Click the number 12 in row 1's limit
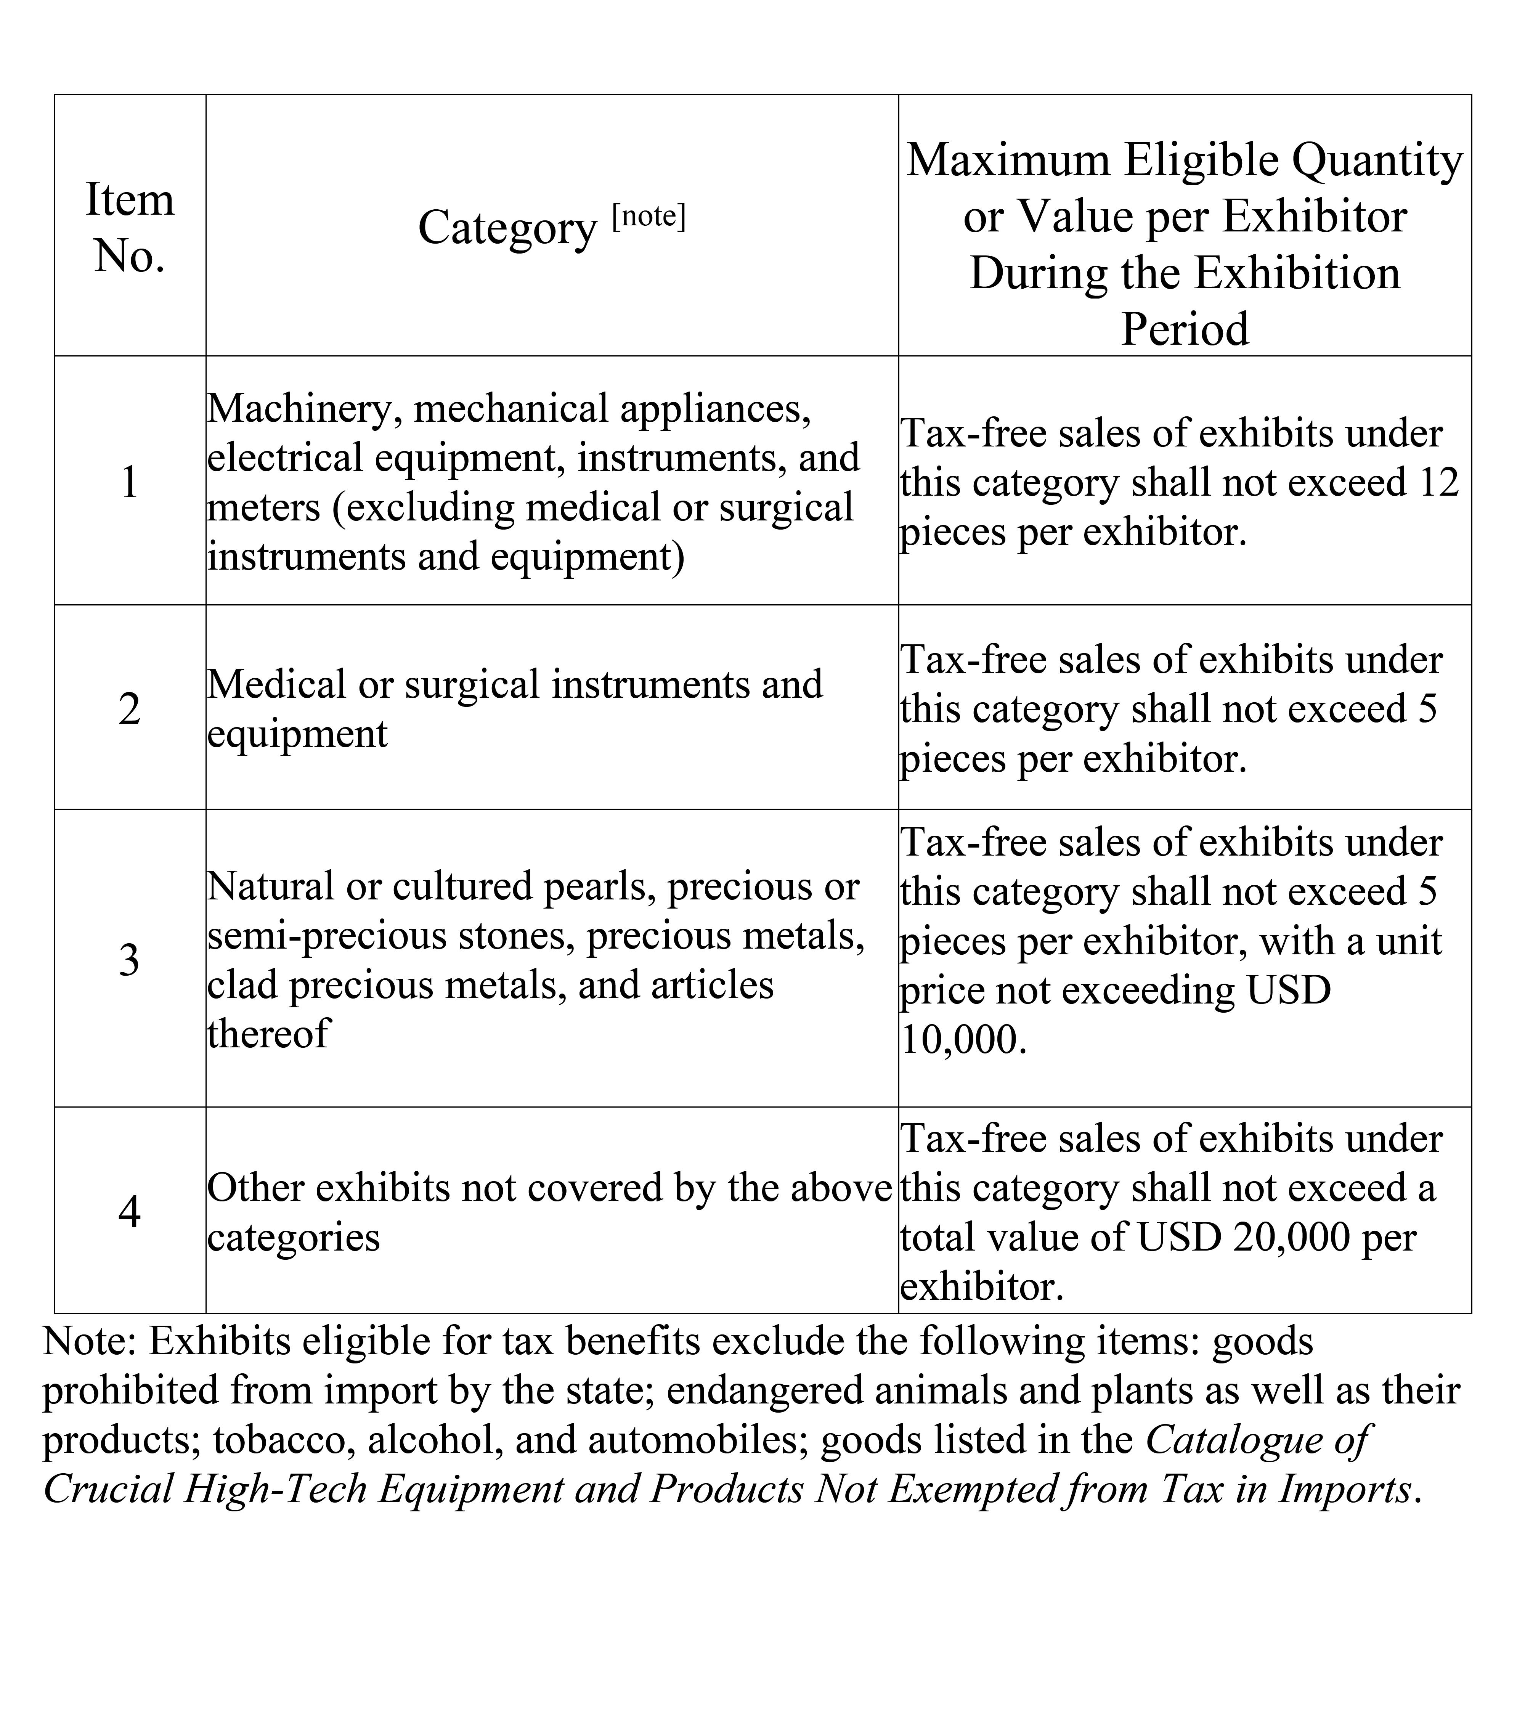pyautogui.click(x=1440, y=483)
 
